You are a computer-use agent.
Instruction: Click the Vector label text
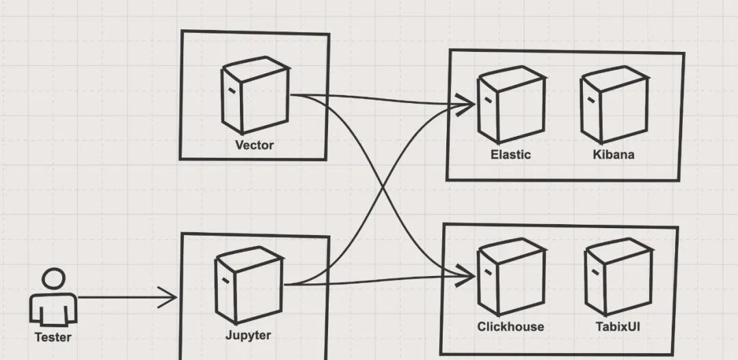click(254, 145)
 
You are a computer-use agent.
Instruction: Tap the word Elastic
click(510, 154)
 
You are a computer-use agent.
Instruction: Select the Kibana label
click(614, 154)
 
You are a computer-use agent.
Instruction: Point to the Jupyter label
click(248, 335)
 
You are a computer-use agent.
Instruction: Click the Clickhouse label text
click(510, 327)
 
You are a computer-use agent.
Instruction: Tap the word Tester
click(53, 337)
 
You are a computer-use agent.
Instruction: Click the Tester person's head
click(52, 280)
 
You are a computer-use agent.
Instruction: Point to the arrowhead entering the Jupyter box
click(171, 297)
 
